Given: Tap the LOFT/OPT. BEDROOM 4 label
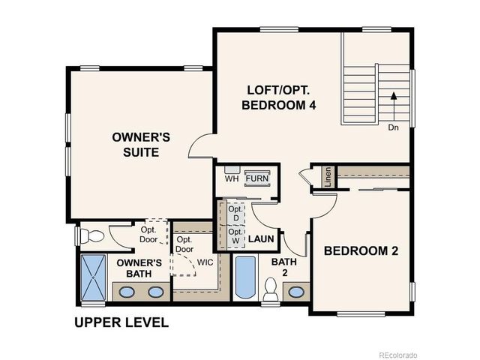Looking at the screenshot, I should coord(277,97).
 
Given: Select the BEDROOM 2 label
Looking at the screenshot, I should coord(361,251).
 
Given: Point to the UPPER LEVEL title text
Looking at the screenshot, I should coord(121,323).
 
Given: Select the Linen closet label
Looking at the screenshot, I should coord(328,178).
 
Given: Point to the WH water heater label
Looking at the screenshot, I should coord(232,179).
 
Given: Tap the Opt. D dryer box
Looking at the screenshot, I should coord(235,212).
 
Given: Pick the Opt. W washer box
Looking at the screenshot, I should coord(235,236).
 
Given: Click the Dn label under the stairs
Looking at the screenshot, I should coord(393,127).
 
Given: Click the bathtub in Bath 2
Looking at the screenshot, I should coord(245,277).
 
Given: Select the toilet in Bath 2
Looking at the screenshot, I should coord(271,289).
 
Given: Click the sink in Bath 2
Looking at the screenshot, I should coord(296,291).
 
